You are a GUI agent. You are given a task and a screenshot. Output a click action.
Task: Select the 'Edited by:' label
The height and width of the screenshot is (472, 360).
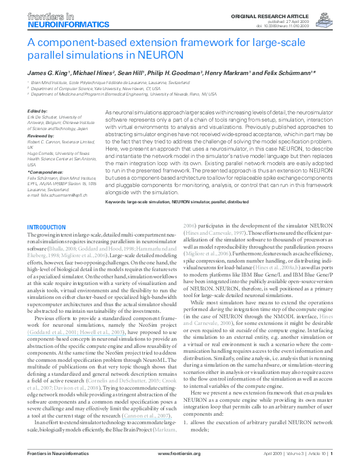tap(38, 111)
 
